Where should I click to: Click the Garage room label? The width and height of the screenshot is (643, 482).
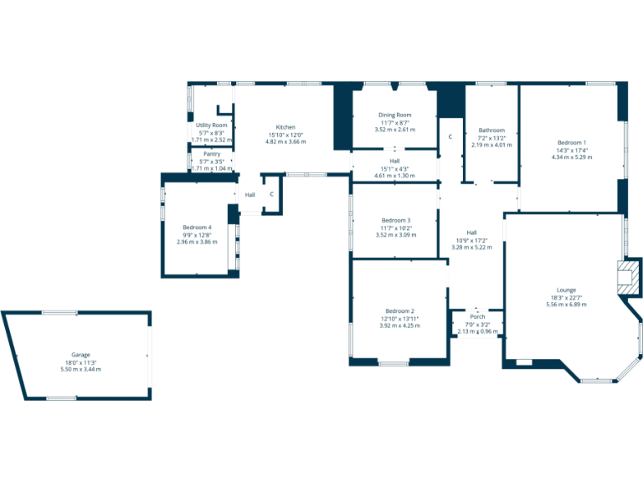pyautogui.click(x=80, y=355)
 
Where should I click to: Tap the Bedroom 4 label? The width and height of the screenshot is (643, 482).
pyautogui.click(x=197, y=228)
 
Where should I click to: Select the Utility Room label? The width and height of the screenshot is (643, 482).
pyautogui.click(x=212, y=126)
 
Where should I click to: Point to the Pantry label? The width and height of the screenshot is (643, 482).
pyautogui.click(x=212, y=154)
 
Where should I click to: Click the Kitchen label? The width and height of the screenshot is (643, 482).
pyautogui.click(x=285, y=127)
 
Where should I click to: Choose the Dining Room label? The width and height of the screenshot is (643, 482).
pyautogui.click(x=394, y=115)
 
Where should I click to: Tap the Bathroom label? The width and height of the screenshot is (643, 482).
pyautogui.click(x=491, y=131)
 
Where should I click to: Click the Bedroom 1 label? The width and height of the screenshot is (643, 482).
pyautogui.click(x=572, y=142)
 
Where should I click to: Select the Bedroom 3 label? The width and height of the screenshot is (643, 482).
pyautogui.click(x=396, y=220)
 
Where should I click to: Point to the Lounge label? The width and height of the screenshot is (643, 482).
pyautogui.click(x=566, y=290)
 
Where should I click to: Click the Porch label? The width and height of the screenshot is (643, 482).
pyautogui.click(x=477, y=317)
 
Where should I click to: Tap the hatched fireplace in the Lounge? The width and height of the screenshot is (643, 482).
pyautogui.click(x=627, y=276)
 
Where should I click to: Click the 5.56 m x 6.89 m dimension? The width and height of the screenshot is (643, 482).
pyautogui.click(x=566, y=305)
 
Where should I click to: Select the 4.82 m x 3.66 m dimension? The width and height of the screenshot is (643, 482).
pyautogui.click(x=285, y=141)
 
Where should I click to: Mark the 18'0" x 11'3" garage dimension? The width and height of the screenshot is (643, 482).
pyautogui.click(x=80, y=362)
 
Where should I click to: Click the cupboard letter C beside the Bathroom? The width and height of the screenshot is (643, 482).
pyautogui.click(x=450, y=136)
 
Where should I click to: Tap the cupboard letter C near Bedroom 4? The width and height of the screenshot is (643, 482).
pyautogui.click(x=271, y=195)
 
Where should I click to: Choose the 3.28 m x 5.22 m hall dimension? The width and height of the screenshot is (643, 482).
pyautogui.click(x=471, y=247)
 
